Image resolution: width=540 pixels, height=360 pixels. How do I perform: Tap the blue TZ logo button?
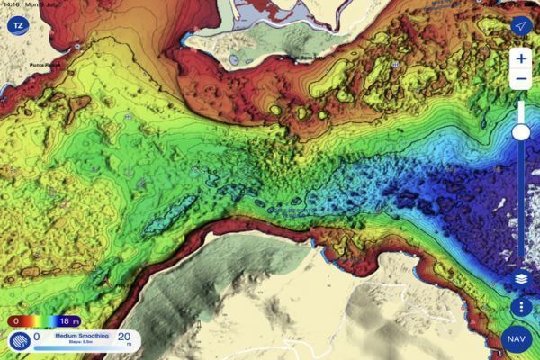tap(16, 25)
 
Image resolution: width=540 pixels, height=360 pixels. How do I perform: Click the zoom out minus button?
tap(521, 80)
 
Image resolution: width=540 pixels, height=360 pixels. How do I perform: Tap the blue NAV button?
tap(517, 338)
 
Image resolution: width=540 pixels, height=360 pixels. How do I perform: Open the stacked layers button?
tap(521, 280)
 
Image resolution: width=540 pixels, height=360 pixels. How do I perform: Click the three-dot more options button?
tap(521, 306)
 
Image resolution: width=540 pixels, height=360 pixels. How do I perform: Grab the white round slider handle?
tap(521, 133)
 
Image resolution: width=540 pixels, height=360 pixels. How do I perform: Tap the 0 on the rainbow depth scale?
tap(14, 320)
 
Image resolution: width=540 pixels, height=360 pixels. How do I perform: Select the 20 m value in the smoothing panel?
tap(123, 338)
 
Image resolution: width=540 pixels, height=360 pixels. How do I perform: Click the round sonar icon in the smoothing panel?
tap(19, 341)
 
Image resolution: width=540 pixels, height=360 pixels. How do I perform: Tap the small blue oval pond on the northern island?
tap(234, 60)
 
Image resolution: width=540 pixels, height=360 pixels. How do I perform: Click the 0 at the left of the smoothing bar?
tap(37, 337)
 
